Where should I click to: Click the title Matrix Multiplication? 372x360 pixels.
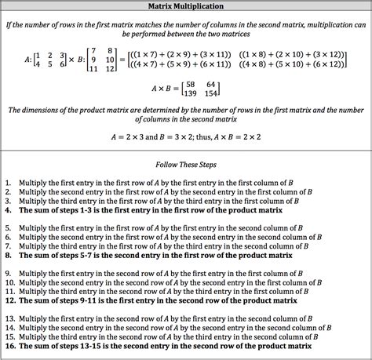pos(186,6)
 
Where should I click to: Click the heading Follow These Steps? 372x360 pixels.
pos(186,165)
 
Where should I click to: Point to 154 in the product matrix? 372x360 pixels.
pos(210,93)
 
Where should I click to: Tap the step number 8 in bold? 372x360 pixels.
pos(8,256)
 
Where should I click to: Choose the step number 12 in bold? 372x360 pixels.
pos(9,300)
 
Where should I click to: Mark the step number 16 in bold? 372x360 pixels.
pos(9,346)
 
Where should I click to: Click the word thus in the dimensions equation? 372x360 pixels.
pos(224,136)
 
